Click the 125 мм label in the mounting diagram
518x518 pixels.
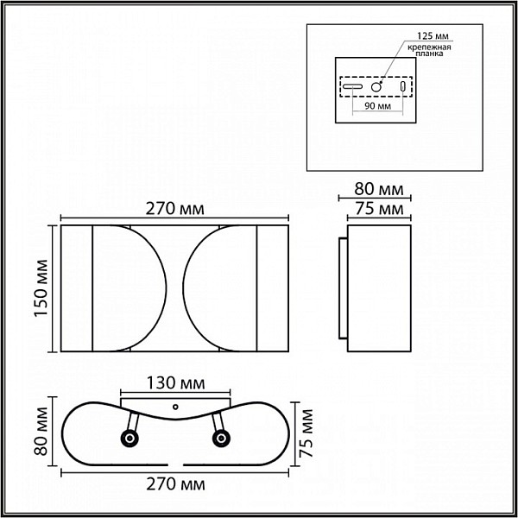click(x=433, y=35)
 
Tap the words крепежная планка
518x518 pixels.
click(x=429, y=50)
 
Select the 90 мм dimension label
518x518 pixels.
click(x=377, y=106)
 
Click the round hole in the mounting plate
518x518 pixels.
click(x=376, y=87)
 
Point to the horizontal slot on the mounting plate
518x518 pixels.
click(x=352, y=86)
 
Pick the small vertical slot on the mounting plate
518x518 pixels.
click(x=402, y=86)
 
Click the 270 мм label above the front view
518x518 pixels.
click(x=175, y=209)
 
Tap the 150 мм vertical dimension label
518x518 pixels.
click(x=41, y=288)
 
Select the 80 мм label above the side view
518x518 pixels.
click(x=379, y=189)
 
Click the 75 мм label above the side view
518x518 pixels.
click(x=379, y=209)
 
